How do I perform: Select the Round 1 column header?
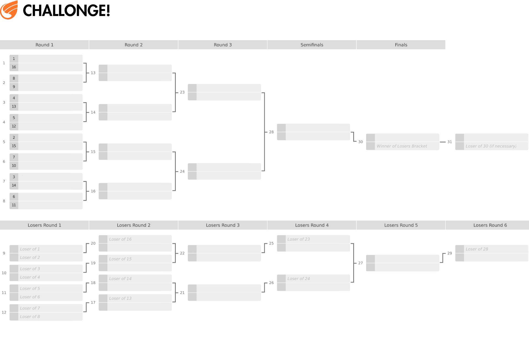point(44,45)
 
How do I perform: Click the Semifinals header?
point(312,45)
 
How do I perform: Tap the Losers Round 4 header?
point(312,225)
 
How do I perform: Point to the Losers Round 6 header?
point(490,225)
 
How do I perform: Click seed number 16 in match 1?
point(14,67)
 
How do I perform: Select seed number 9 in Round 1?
point(14,87)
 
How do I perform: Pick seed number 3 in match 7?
point(14,177)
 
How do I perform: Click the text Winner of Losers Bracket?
point(402,146)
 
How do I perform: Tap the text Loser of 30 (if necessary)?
point(491,146)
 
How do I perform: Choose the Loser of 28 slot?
point(477,249)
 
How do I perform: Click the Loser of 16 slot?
point(120,239)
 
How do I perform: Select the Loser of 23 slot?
point(298,239)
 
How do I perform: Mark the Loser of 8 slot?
point(30,317)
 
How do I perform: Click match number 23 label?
point(182,92)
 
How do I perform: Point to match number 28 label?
point(271,132)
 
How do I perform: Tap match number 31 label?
point(449,142)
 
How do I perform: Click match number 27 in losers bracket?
point(360,263)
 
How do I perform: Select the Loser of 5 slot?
point(30,289)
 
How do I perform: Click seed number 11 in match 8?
point(14,205)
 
